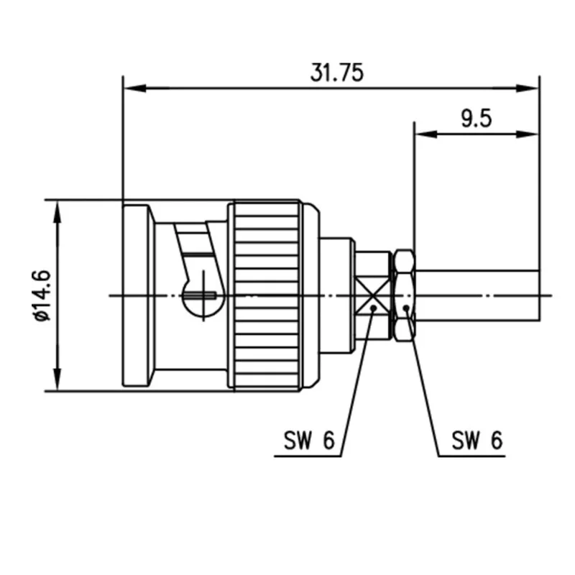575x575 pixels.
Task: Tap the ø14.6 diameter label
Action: tap(41, 294)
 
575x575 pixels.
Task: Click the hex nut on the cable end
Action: tap(405, 294)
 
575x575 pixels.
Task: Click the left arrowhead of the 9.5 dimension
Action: tap(420, 134)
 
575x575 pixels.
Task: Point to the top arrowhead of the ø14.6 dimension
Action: tap(56, 206)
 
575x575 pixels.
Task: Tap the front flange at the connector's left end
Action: tap(137, 294)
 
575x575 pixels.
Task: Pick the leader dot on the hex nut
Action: tap(407, 308)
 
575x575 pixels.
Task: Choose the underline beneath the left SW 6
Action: tap(309, 456)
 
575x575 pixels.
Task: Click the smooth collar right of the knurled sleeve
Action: tap(311, 295)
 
